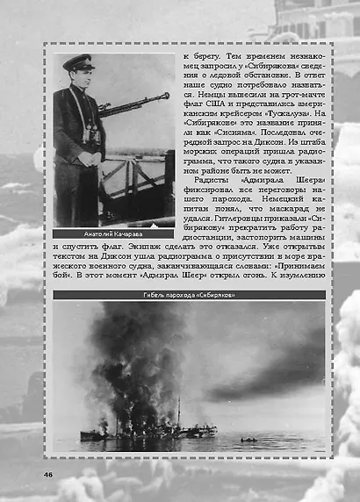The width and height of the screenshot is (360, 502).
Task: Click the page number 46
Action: point(48,475)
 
